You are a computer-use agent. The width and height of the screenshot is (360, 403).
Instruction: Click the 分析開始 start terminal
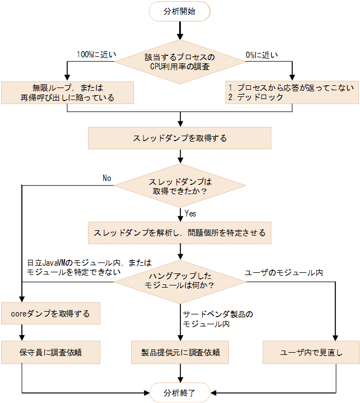[180, 11]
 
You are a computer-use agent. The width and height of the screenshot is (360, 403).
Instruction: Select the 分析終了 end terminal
[180, 392]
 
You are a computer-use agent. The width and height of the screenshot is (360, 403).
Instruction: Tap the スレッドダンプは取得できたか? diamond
[180, 186]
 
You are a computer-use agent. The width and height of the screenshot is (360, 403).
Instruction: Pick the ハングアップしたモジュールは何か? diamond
[180, 282]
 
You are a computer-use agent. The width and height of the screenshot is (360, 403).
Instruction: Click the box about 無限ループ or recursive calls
[67, 92]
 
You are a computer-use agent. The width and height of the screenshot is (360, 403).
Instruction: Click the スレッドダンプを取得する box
[180, 138]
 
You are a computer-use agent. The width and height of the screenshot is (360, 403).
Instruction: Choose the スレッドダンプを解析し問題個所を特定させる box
[180, 232]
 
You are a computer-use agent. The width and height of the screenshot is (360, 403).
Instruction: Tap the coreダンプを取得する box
[50, 314]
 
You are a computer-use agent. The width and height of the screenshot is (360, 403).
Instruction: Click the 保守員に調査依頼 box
[50, 353]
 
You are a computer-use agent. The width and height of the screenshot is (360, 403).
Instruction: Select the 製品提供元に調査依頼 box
[180, 353]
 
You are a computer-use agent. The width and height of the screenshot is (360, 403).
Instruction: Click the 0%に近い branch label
[261, 55]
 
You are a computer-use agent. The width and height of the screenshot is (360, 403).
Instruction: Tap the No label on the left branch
[107, 178]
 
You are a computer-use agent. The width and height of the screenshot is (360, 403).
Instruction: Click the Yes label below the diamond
[191, 213]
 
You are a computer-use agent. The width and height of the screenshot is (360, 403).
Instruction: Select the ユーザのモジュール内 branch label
[284, 272]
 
